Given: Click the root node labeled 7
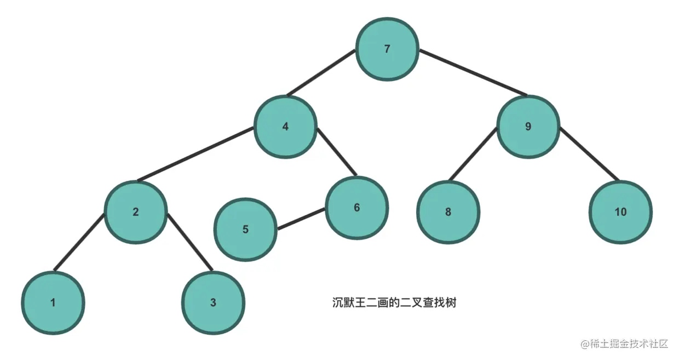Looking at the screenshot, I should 387,49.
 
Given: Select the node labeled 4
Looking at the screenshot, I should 285,127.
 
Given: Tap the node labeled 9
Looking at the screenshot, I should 528,127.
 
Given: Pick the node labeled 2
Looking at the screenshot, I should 136,212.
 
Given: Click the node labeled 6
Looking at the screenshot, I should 356,208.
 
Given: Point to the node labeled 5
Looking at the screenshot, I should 245,229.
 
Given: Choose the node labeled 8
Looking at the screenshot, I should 448,212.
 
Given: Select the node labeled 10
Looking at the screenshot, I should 620,212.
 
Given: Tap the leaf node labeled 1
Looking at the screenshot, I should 53,302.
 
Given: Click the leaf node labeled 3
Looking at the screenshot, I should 213,302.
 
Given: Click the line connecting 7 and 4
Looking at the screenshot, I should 321,73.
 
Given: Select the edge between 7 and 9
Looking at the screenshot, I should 473,73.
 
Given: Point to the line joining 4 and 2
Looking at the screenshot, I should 195,155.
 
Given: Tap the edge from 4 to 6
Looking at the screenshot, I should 337,152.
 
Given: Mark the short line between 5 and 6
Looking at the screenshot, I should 302,220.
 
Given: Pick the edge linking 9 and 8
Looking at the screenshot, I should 472,154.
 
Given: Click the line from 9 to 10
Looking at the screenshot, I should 589,154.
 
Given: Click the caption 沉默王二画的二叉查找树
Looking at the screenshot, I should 394,302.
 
